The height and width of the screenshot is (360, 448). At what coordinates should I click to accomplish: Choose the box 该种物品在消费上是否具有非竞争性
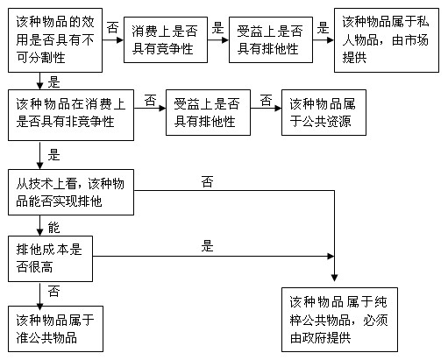point(71,112)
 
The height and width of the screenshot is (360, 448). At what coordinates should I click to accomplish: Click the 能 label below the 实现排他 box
point(53,226)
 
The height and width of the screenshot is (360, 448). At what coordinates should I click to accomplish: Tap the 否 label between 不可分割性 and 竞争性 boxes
point(112,29)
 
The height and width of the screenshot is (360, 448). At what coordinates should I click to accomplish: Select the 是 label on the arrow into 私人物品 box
point(322,28)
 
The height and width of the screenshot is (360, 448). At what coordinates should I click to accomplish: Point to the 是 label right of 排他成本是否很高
point(208,246)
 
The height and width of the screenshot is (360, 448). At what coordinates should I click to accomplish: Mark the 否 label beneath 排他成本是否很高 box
point(53,291)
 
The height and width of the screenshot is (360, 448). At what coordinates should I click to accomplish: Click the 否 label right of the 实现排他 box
point(208,181)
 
